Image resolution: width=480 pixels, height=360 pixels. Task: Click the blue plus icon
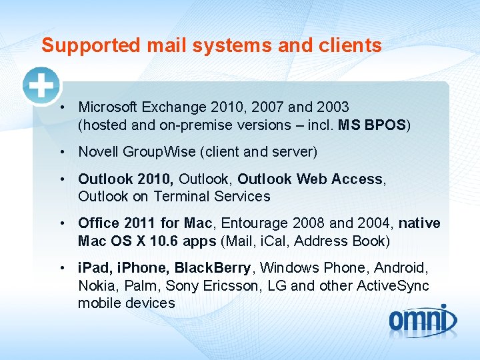41,86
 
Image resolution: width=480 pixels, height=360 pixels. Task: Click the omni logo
423,320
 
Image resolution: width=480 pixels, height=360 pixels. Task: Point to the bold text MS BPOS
372,125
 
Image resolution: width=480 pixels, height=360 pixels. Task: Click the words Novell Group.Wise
137,152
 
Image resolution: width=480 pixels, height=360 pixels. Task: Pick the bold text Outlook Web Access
310,179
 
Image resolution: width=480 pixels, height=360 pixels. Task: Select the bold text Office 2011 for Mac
145,223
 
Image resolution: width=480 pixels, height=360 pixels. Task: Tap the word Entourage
252,223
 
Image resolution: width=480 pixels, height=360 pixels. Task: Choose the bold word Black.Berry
213,268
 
